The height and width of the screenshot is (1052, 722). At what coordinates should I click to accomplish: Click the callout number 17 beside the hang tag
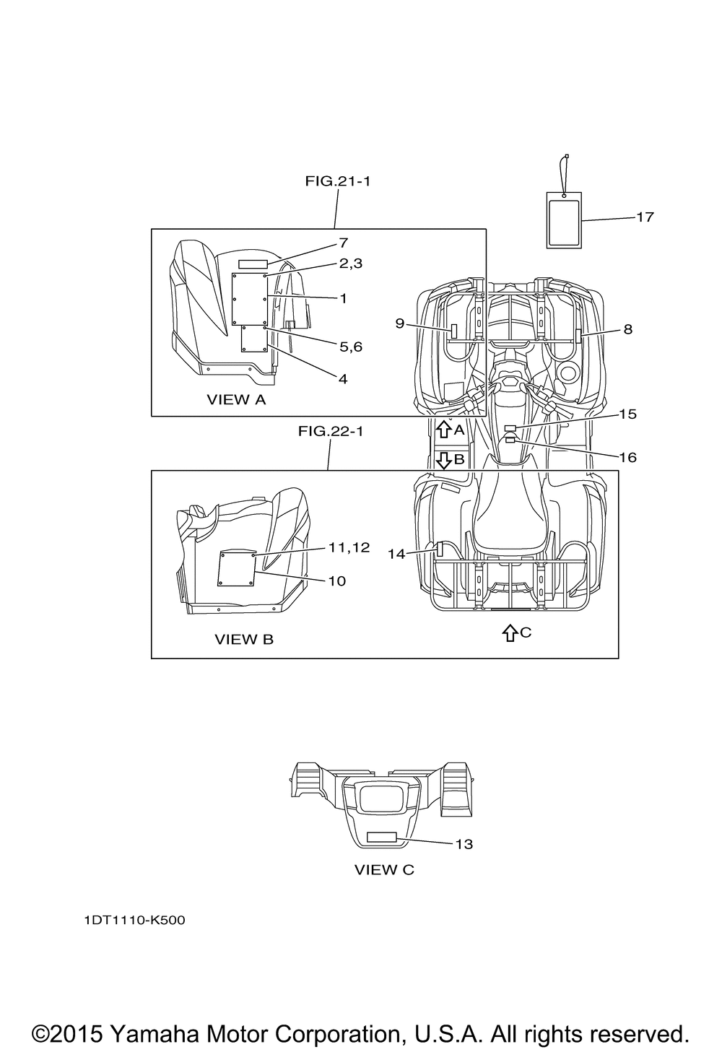[645, 217]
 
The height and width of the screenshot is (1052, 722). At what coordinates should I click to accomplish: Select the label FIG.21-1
[338, 181]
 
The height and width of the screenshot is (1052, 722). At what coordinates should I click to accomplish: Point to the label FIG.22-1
[331, 431]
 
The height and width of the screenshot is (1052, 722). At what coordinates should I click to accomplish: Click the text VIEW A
[236, 400]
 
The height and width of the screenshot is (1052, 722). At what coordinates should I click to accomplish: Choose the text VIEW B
[244, 639]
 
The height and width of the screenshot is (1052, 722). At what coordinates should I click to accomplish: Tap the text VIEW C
[384, 870]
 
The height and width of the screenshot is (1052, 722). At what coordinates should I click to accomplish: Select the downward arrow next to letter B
[443, 460]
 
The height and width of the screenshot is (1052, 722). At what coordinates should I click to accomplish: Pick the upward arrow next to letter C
[510, 633]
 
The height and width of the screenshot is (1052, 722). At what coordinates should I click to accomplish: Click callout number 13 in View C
[464, 844]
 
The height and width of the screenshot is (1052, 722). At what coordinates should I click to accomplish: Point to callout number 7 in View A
[344, 243]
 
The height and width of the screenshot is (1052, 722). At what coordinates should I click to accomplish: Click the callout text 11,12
[349, 547]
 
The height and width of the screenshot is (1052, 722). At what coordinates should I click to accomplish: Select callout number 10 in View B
[336, 581]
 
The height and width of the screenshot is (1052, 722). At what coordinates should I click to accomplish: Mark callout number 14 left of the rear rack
[396, 555]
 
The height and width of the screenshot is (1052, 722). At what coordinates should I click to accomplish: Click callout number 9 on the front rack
[400, 323]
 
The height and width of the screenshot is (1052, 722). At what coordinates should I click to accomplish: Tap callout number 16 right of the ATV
[628, 457]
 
